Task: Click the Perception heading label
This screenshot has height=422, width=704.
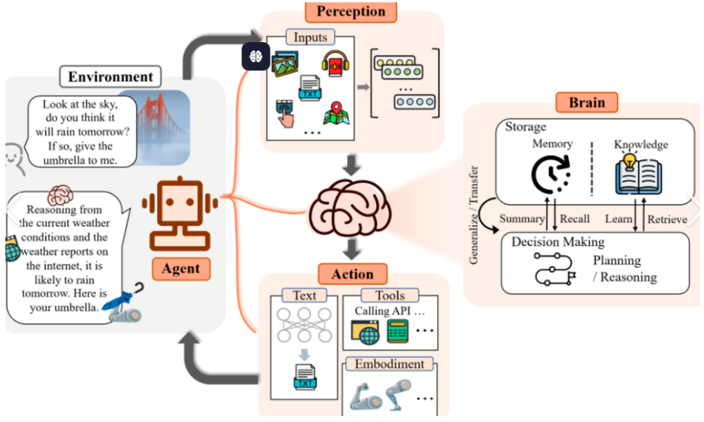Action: click(351, 11)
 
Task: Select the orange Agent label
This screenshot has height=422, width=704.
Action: click(181, 268)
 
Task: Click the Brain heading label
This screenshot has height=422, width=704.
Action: click(587, 102)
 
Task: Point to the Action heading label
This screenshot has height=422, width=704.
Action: click(352, 273)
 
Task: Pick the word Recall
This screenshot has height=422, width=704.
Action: click(575, 219)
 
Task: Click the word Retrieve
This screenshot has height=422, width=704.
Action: click(667, 219)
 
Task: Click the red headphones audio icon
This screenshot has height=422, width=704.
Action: click(335, 64)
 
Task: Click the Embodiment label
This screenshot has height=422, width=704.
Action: click(389, 364)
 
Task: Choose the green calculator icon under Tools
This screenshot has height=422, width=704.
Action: click(397, 331)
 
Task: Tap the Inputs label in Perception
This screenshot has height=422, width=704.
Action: click(309, 36)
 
